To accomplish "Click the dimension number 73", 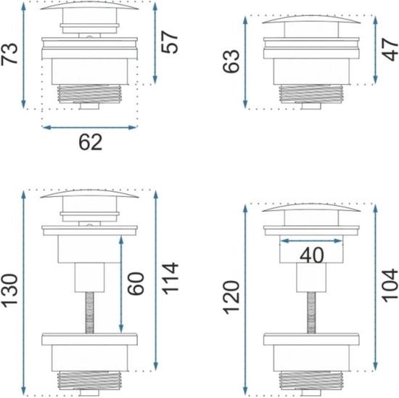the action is (x=9, y=54).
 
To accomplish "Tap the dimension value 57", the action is (x=170, y=42).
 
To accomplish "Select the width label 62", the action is (x=91, y=142).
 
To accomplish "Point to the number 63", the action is (x=231, y=62).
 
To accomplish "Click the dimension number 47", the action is (x=390, y=49).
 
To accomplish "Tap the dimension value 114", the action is (x=170, y=278).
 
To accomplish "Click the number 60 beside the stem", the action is (x=136, y=283).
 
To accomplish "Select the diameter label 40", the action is (x=312, y=256).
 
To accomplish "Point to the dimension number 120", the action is (x=231, y=297).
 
